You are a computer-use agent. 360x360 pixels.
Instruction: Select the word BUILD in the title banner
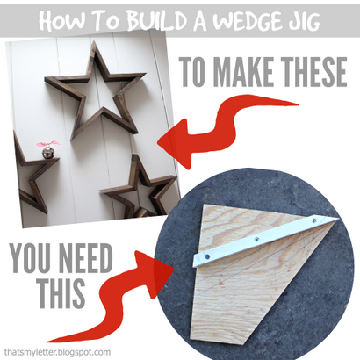[x=151, y=21]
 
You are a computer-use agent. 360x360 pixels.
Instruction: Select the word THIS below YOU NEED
[x=62, y=292]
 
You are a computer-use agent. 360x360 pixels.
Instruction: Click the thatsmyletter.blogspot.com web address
[x=57, y=351]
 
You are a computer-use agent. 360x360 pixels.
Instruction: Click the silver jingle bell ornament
[x=48, y=153]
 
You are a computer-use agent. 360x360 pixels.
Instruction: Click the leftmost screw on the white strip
[x=207, y=256]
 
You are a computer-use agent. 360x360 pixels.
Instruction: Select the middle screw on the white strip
[x=256, y=239]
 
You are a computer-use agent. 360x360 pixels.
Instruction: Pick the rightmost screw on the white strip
[x=314, y=220]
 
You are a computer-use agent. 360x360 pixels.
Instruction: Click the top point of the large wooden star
[x=95, y=41]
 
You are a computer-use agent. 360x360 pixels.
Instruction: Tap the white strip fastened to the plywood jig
[x=266, y=240]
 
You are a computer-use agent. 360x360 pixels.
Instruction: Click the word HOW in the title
[x=60, y=21]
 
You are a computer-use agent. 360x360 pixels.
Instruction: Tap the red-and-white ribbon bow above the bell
[x=48, y=143]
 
